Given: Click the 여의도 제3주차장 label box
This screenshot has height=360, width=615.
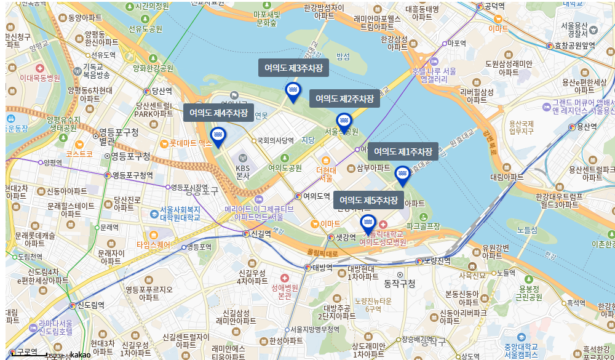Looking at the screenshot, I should click(x=293, y=68).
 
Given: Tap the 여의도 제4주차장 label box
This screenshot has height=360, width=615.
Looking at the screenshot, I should click(x=218, y=113).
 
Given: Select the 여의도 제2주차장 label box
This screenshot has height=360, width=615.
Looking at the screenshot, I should click(x=344, y=98).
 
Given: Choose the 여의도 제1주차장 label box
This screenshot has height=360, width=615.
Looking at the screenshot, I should click(x=403, y=152).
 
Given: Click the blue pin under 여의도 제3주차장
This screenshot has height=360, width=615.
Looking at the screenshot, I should click(x=293, y=92).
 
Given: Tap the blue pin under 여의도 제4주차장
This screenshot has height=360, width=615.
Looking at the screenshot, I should click(x=218, y=137).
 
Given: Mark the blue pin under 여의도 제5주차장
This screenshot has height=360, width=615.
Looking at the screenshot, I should click(x=368, y=224).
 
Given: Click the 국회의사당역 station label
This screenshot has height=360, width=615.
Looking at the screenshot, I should click(x=276, y=140).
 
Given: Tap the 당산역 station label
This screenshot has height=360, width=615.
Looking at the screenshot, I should click(x=161, y=91).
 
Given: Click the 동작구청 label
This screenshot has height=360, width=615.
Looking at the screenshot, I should click(x=400, y=284).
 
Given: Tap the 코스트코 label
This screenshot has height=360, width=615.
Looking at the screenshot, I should click(x=79, y=153).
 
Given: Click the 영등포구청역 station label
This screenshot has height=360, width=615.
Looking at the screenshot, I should click(x=132, y=175).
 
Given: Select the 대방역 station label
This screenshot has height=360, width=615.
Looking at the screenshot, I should click(x=322, y=267).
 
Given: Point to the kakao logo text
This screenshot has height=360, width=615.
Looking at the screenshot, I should click(x=81, y=354).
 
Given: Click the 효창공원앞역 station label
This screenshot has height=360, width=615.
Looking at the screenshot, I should click(x=575, y=46).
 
